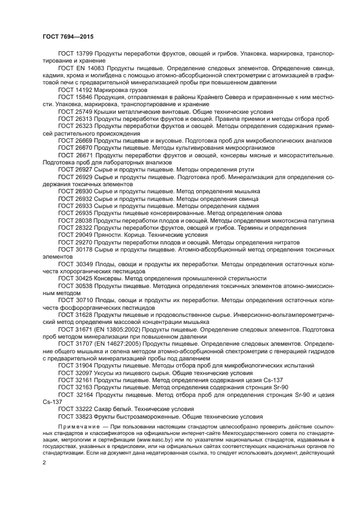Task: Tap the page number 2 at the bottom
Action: click(44, 462)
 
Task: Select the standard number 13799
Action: click(83, 54)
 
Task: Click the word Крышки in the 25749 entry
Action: click(105, 111)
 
